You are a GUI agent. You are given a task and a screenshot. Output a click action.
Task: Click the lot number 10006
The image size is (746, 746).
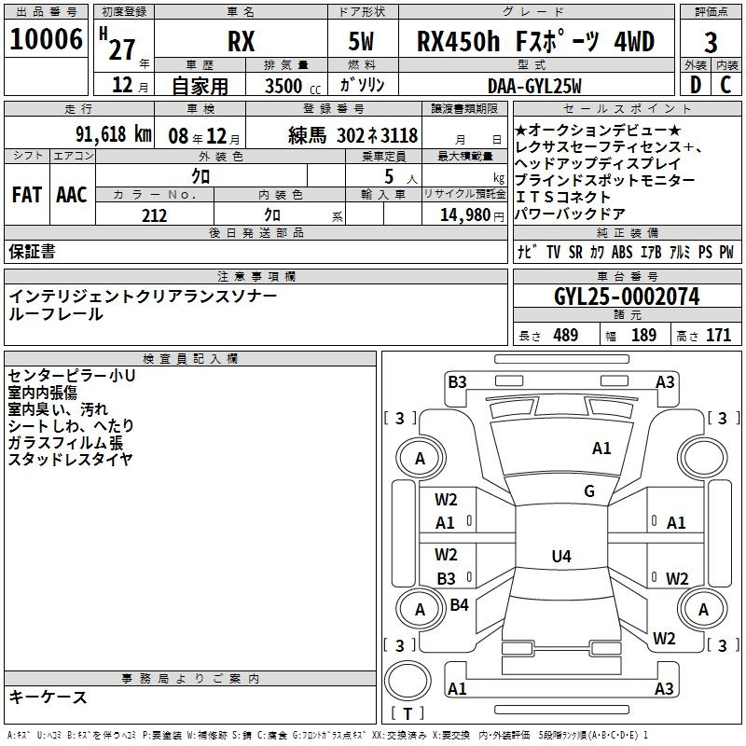click(46, 38)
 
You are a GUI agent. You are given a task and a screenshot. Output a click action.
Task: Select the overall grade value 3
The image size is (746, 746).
click(711, 43)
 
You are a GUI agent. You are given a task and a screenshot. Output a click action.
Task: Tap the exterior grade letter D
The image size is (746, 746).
click(696, 85)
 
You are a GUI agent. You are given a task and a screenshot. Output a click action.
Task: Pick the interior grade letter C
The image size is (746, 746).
click(725, 85)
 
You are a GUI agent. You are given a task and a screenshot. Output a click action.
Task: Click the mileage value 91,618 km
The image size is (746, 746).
click(114, 134)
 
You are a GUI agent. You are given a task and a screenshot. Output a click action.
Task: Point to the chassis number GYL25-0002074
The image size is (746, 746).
click(627, 297)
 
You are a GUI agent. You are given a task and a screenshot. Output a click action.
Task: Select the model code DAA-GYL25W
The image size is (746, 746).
click(534, 86)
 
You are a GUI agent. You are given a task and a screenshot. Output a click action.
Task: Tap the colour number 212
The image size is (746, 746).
click(154, 215)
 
